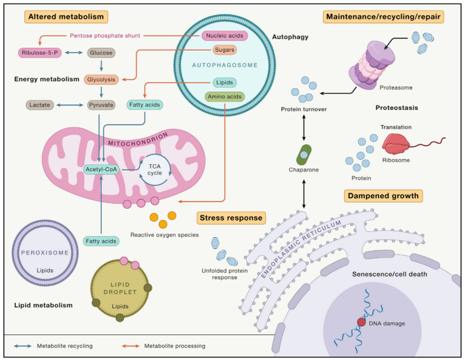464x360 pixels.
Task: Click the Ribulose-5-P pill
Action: coord(40,52)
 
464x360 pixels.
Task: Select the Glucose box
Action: coord(101,52)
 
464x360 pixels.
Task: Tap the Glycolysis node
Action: coord(101,80)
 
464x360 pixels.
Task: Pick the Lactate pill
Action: coord(40,105)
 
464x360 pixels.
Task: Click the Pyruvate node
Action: coord(101,105)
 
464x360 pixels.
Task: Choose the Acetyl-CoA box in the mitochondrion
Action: coord(101,169)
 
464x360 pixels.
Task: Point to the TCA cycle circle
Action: coord(154,170)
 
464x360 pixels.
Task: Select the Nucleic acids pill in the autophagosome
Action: coord(225,36)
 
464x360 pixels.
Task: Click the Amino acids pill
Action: coord(225,97)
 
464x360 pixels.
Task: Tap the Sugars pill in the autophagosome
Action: coord(225,50)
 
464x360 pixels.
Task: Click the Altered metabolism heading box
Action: coord(66,17)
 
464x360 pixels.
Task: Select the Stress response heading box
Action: coord(231,218)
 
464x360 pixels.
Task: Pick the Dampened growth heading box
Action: coord(383,196)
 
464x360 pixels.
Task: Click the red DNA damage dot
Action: coord(361,322)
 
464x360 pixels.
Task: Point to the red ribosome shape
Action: coord(396,144)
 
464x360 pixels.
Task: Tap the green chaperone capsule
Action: coord(304,154)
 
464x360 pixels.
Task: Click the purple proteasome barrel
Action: coord(372,66)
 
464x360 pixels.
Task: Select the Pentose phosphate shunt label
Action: coord(105,36)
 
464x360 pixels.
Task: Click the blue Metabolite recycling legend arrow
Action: coord(23,346)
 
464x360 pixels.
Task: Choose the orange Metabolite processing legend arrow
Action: coord(131,346)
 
